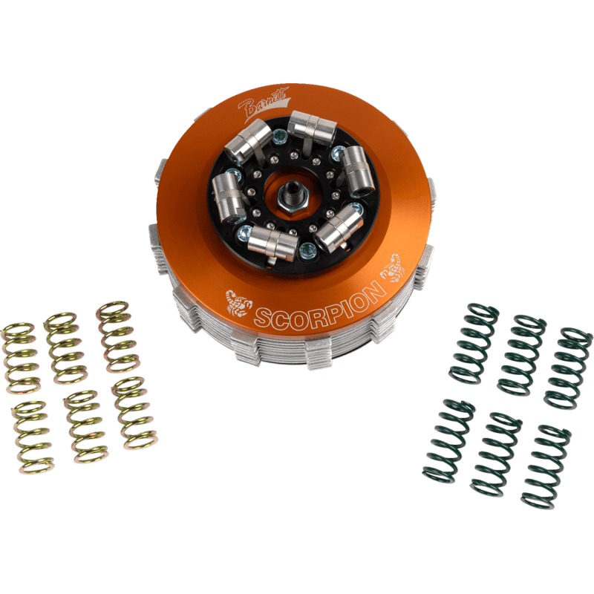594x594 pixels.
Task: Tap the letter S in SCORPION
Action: [263, 319]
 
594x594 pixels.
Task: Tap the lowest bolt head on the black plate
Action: [307, 250]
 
